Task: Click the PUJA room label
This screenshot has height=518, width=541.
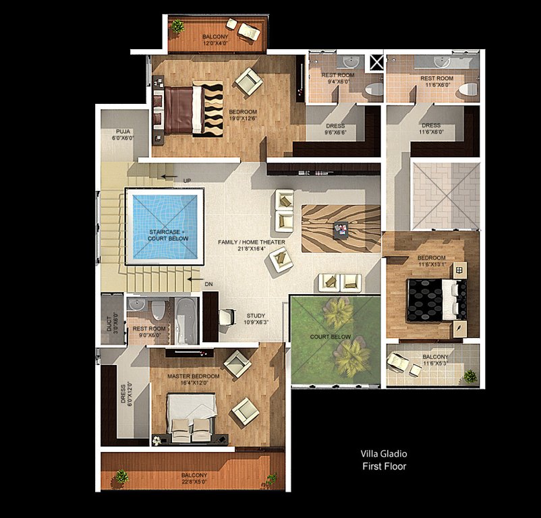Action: (123, 132)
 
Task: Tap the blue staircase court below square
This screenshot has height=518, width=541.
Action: (165, 227)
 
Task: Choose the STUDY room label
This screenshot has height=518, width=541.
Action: (256, 316)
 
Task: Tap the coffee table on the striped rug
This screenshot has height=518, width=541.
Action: (340, 229)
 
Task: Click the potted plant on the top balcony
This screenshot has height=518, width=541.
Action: (177, 26)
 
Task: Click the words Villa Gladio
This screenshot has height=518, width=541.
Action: (384, 454)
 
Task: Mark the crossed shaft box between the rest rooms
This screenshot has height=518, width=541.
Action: (376, 63)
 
